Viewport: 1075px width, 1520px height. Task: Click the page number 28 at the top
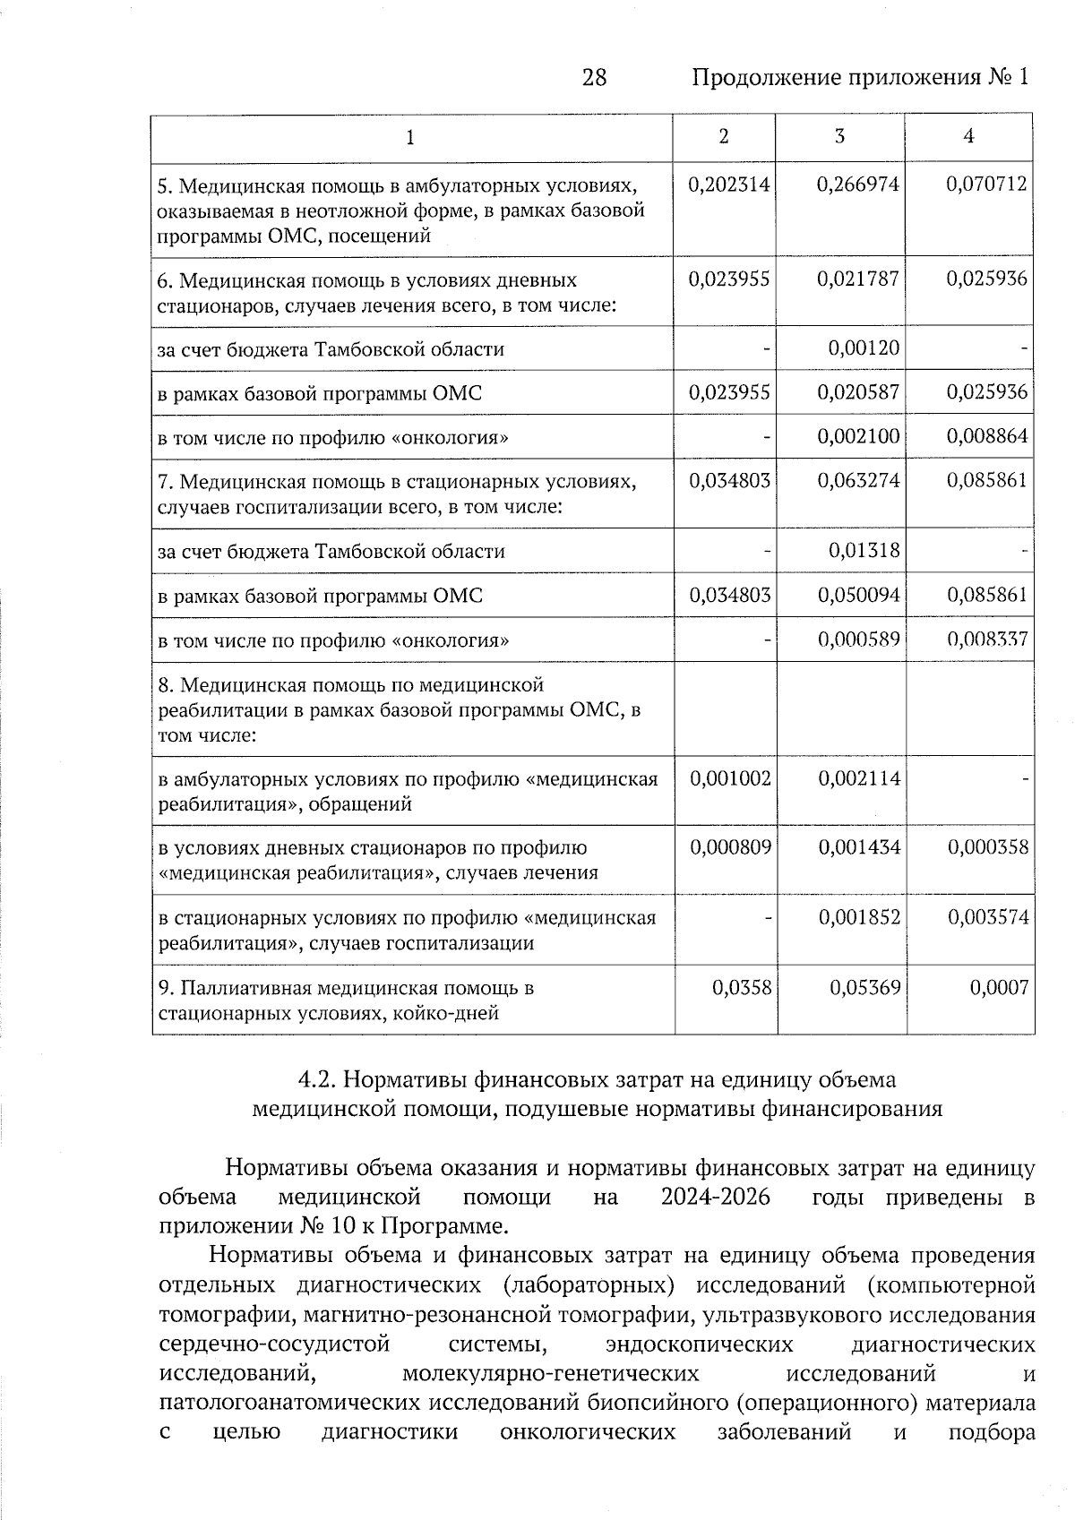[x=594, y=78]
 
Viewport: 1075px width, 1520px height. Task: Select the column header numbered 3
[x=839, y=136]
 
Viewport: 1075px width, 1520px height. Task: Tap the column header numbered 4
[x=968, y=136]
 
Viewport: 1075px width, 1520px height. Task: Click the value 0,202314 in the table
[x=729, y=185]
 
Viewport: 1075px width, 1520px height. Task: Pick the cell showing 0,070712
[x=987, y=185]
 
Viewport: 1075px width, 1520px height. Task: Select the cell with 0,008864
[x=987, y=437]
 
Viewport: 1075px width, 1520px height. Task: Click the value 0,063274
[x=858, y=481]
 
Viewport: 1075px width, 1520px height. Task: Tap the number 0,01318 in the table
[x=864, y=550]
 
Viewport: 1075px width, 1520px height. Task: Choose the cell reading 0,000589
[x=858, y=640]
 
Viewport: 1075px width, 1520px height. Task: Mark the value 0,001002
[x=729, y=778]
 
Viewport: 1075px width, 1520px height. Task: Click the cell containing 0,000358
[x=988, y=847]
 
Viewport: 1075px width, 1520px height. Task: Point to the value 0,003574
[x=988, y=917]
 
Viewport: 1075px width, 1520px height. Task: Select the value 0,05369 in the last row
[x=864, y=987]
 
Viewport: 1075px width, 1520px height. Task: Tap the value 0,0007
[x=999, y=987]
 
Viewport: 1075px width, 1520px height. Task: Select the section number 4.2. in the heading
[x=317, y=1079]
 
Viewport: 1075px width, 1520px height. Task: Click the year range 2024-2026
[x=715, y=1198]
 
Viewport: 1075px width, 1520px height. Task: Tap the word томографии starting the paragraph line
[x=227, y=1315]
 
